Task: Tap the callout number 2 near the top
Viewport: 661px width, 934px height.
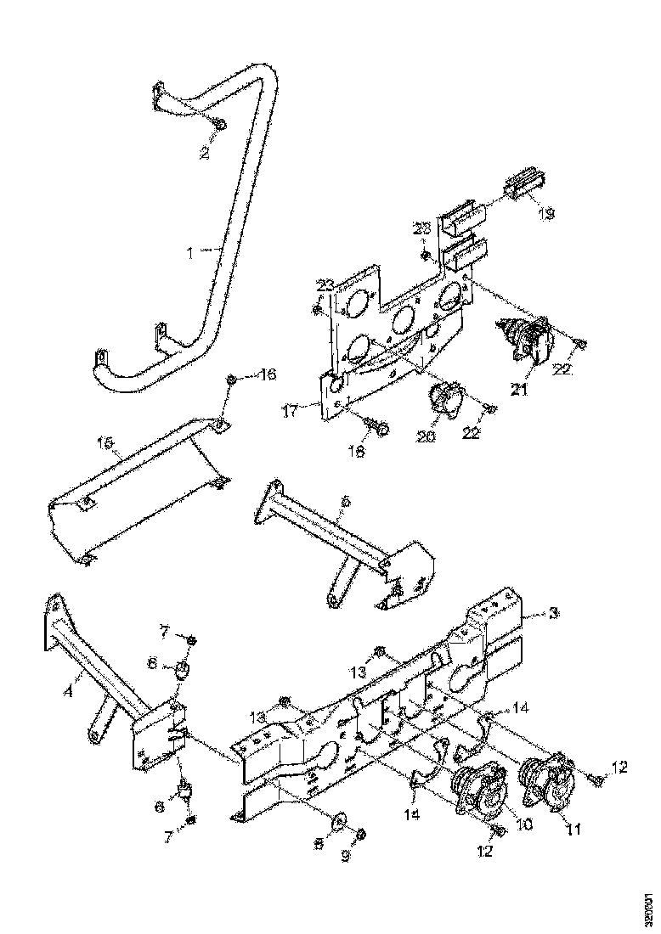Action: pos(204,153)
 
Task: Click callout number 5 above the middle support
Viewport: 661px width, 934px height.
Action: pos(344,503)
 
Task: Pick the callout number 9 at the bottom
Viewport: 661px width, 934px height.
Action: pos(347,857)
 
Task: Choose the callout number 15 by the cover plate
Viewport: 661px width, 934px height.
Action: pos(105,443)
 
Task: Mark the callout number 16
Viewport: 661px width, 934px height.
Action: pos(267,374)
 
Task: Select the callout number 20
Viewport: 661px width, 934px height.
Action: pos(425,436)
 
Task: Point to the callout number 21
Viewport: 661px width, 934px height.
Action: pos(518,390)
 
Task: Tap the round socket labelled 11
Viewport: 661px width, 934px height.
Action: pos(548,779)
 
